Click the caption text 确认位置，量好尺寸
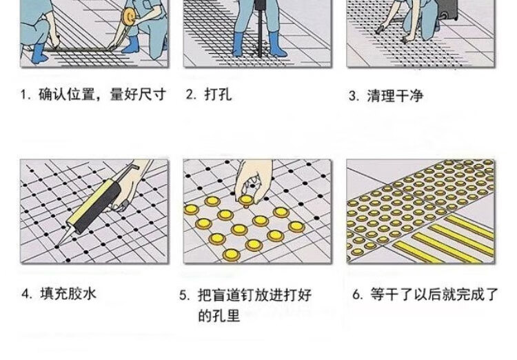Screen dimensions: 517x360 click(102, 94)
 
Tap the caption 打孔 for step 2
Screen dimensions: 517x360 click(218, 94)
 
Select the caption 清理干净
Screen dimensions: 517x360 click(395, 96)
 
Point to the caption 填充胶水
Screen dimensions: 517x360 click(68, 293)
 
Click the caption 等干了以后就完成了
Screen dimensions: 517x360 click(434, 294)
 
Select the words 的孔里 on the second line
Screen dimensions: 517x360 click(219, 315)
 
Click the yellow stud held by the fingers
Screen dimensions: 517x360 click(246, 200)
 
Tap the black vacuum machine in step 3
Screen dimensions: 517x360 click(446, 9)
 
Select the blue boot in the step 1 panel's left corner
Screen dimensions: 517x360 click(38, 54)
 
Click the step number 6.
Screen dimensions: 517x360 click(357, 294)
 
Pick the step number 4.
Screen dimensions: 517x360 click(26, 294)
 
